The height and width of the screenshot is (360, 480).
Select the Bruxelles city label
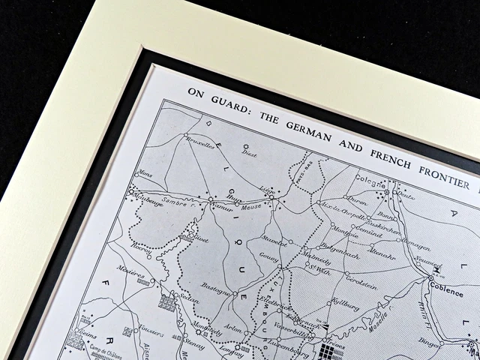(x=197, y=145)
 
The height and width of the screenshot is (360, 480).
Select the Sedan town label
(x=189, y=309)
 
